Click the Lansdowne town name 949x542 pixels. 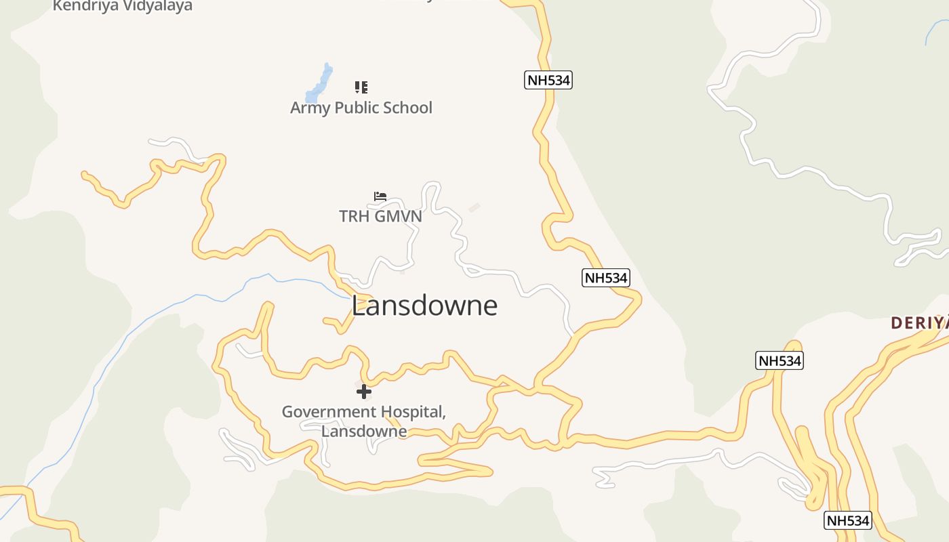424,306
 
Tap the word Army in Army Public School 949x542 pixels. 308,108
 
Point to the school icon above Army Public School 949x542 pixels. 361,87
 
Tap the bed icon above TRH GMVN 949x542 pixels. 380,196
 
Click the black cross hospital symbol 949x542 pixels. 364,391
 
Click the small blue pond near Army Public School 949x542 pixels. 319,85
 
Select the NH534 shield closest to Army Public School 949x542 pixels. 548,80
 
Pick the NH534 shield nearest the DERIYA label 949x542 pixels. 780,360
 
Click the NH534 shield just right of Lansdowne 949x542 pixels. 606,277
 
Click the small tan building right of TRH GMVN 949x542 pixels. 474,207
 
